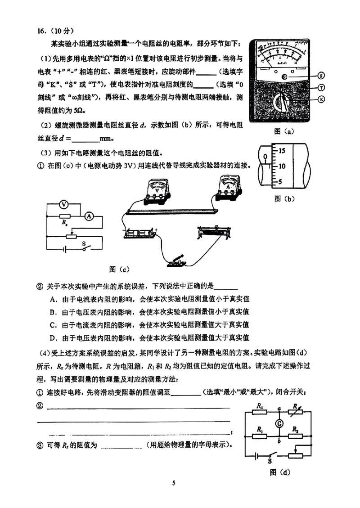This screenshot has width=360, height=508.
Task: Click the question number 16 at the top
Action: pos(42,31)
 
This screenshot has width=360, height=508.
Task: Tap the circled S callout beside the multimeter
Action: pos(321,76)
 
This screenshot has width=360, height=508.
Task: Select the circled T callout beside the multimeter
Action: pos(321,88)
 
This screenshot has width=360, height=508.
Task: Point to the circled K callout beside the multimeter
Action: pos(321,99)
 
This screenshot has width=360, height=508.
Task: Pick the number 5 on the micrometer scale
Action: pos(279,182)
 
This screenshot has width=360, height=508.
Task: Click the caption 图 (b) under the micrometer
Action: pos(284,198)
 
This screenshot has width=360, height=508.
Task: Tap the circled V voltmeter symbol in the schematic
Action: pos(64,205)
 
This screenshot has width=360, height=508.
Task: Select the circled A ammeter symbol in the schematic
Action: pos(89,216)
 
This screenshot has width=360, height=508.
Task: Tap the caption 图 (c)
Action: pos(119,269)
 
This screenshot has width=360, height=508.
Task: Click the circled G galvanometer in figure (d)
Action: pos(279,423)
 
